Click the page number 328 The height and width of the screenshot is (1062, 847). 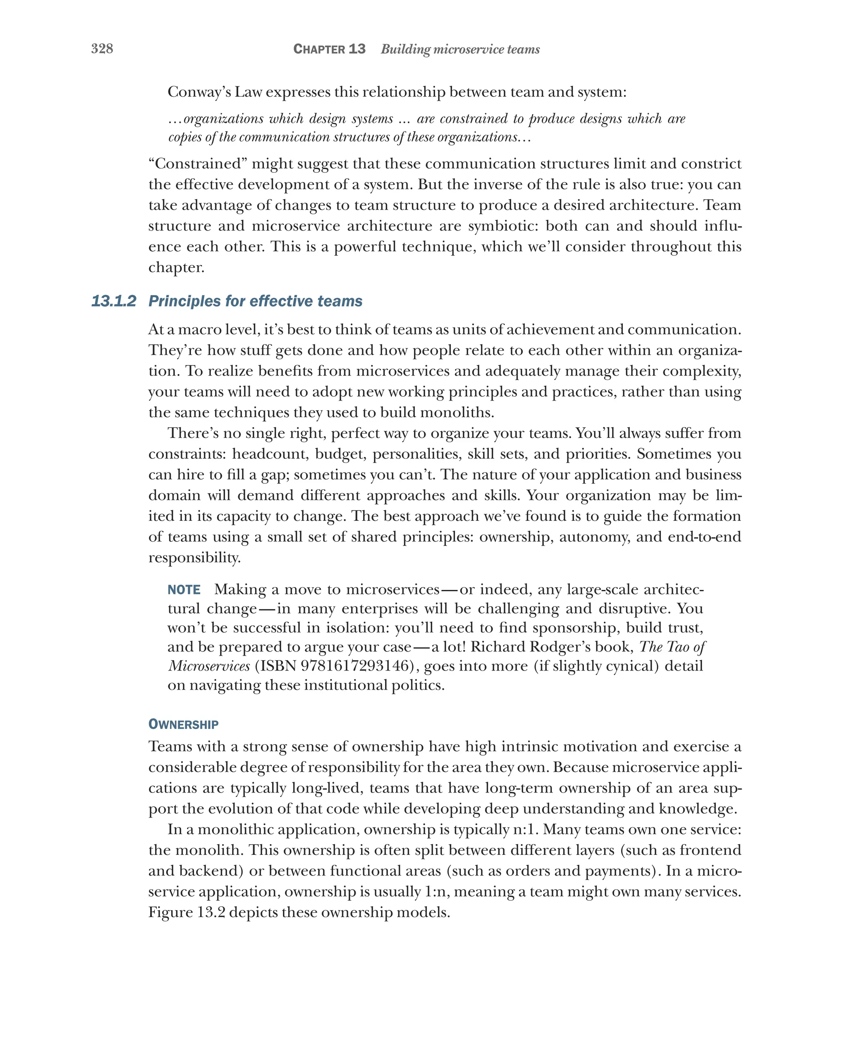tap(102, 48)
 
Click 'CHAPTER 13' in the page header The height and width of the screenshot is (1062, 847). tap(329, 49)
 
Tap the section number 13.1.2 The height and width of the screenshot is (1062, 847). tap(113, 301)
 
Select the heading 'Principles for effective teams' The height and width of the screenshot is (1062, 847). tap(255, 301)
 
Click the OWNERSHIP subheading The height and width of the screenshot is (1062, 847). tap(183, 724)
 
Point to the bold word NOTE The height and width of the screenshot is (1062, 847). tap(184, 589)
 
